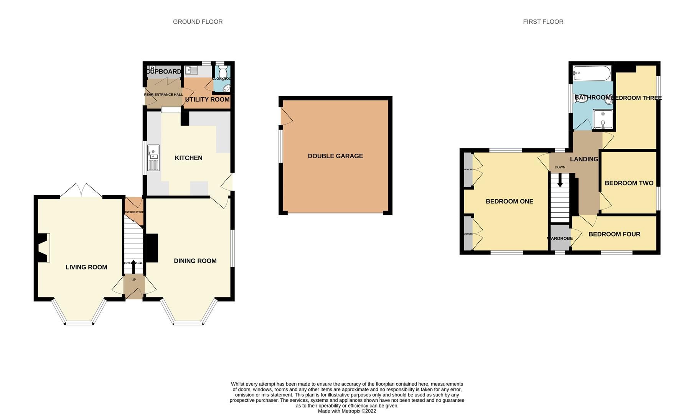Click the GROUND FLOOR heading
pos(198,22)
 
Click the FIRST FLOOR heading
pos(543,22)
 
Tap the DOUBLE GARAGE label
pos(335,156)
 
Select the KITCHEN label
pos(188,158)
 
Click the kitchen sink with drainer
pos(153,157)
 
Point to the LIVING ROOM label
pos(86,267)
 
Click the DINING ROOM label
pos(195,261)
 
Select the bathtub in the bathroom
pos(591,74)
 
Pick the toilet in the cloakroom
pos(222,72)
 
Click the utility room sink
pos(191,70)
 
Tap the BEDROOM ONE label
pos(509,201)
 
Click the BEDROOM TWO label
pos(629,183)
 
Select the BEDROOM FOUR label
pos(614,234)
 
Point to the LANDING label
pos(584,159)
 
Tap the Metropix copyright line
pos(347,411)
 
